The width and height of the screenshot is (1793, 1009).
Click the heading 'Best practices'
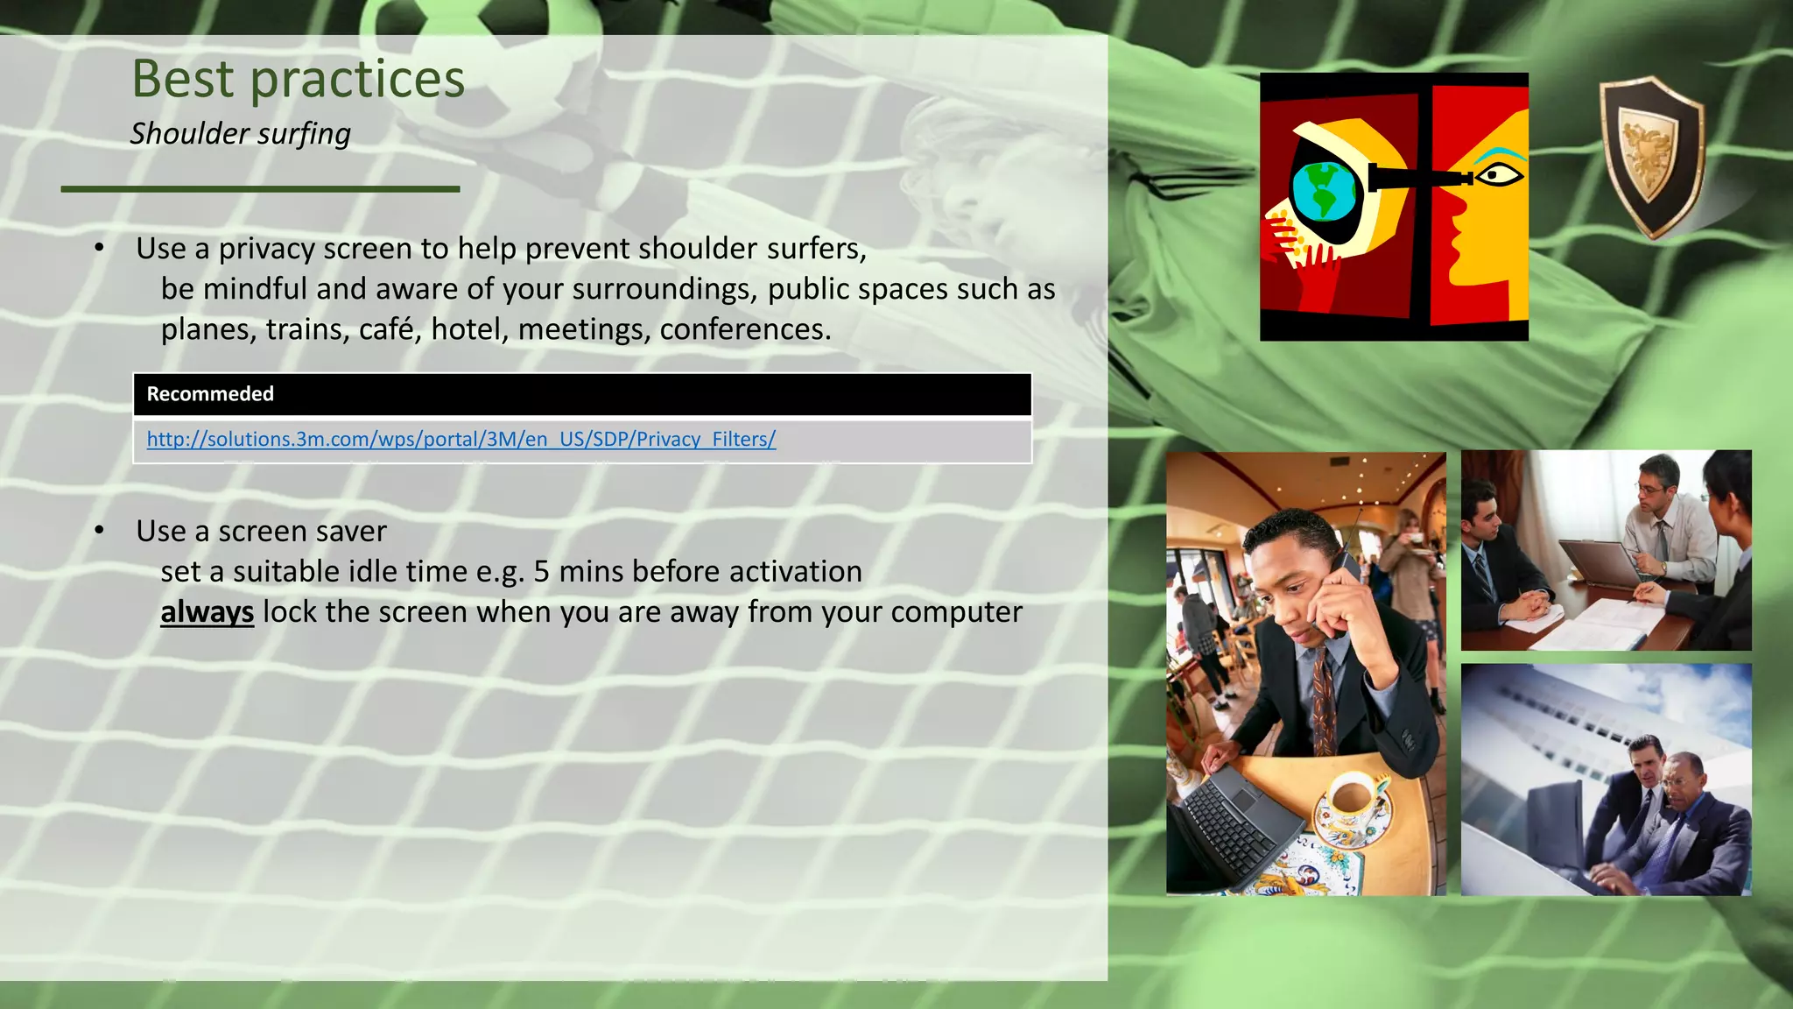pos(298,80)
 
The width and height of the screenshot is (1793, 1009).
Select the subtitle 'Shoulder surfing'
pos(240,134)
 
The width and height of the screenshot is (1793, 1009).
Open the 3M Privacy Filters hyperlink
pos(461,439)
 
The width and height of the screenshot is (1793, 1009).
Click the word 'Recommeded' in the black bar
pos(210,394)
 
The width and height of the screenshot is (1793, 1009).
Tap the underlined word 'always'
pos(207,612)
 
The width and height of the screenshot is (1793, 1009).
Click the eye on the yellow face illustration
pos(1499,175)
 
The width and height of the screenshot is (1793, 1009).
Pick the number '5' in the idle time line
pos(542,572)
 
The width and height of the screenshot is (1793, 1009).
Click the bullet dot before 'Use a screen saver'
pos(100,530)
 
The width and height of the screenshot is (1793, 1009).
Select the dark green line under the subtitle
pos(260,188)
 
